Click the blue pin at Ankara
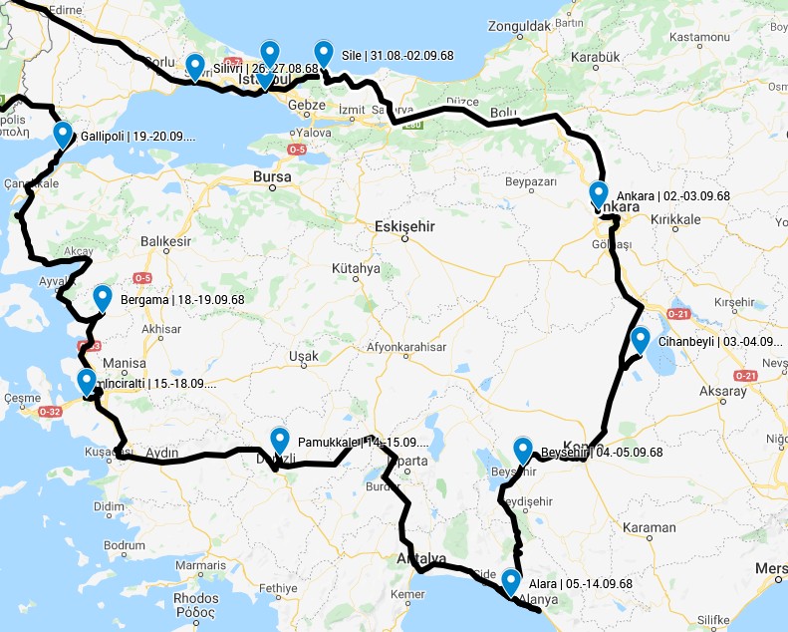click(598, 193)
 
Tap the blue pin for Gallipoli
click(63, 134)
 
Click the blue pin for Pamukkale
click(280, 440)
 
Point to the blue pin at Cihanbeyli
click(640, 340)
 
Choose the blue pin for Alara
click(511, 581)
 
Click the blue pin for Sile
click(323, 53)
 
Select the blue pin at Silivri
click(195, 66)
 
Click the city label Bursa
click(272, 177)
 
